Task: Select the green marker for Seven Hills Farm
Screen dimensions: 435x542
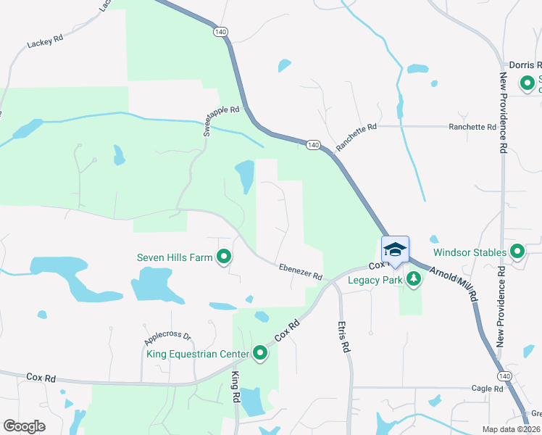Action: pyautogui.click(x=225, y=257)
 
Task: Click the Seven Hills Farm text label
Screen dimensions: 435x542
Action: pyautogui.click(x=175, y=257)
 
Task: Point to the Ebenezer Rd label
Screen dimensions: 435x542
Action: pyautogui.click(x=300, y=272)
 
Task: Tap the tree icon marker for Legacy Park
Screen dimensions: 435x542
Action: pyautogui.click(x=414, y=279)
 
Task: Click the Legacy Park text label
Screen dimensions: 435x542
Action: pyautogui.click(x=374, y=280)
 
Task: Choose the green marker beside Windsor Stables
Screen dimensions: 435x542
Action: pyautogui.click(x=517, y=252)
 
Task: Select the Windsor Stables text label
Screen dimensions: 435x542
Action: pyautogui.click(x=470, y=253)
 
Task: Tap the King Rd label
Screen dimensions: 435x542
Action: pyautogui.click(x=235, y=386)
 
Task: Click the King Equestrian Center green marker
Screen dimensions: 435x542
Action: pyautogui.click(x=260, y=354)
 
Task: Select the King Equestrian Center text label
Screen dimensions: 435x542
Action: pyautogui.click(x=198, y=355)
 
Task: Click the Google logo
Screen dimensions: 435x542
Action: pyautogui.click(x=25, y=426)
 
